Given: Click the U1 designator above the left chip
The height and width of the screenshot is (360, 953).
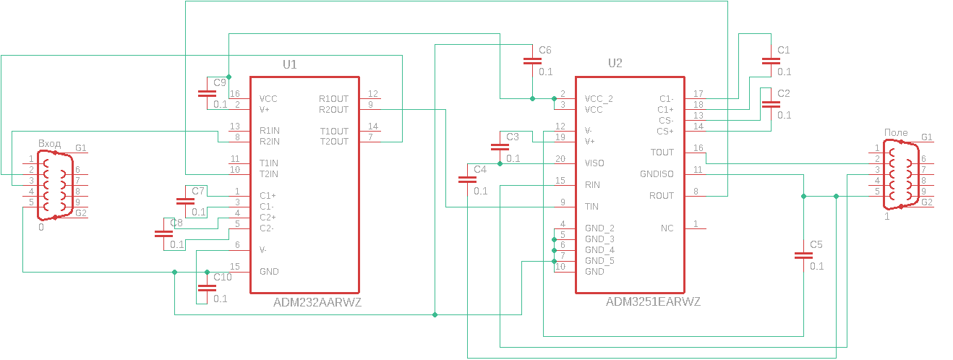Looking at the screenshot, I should pos(289,64).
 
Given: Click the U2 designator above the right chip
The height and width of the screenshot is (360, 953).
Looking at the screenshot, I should pos(615,64).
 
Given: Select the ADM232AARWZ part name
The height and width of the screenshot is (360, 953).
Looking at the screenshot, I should pos(317,303).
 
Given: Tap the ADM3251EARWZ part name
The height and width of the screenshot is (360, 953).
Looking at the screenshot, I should pos(653,301).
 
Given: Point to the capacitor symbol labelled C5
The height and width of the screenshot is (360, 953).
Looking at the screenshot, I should pos(803,254).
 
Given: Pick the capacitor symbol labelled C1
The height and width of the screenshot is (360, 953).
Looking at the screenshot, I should pos(767,61).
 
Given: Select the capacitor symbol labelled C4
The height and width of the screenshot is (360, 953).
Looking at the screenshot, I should pos(467,180).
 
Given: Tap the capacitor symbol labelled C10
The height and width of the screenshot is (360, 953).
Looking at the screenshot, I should pos(207,287).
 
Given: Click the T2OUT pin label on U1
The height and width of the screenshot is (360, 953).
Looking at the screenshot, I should pos(334,142).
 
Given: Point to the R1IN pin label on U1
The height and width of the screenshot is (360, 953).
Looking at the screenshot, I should pos(270,131).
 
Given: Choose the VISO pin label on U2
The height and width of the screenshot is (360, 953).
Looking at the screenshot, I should pos(594,163).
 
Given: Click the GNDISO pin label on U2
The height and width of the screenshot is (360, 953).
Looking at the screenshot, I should pos(657,174).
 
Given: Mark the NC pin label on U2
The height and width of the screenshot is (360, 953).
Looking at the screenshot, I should pos(667,228).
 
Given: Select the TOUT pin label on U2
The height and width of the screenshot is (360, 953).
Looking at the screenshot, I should pos(662,153).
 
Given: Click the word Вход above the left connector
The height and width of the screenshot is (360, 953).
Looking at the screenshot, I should pos(50,144).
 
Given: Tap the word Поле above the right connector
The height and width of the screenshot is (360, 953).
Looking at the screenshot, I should pos(896,133).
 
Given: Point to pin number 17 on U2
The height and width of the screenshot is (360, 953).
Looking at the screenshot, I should pos(698,94).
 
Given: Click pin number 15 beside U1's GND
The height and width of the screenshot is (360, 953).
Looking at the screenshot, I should pos(234,267).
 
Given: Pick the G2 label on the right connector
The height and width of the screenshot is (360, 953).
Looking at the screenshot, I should pos(926,202).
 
